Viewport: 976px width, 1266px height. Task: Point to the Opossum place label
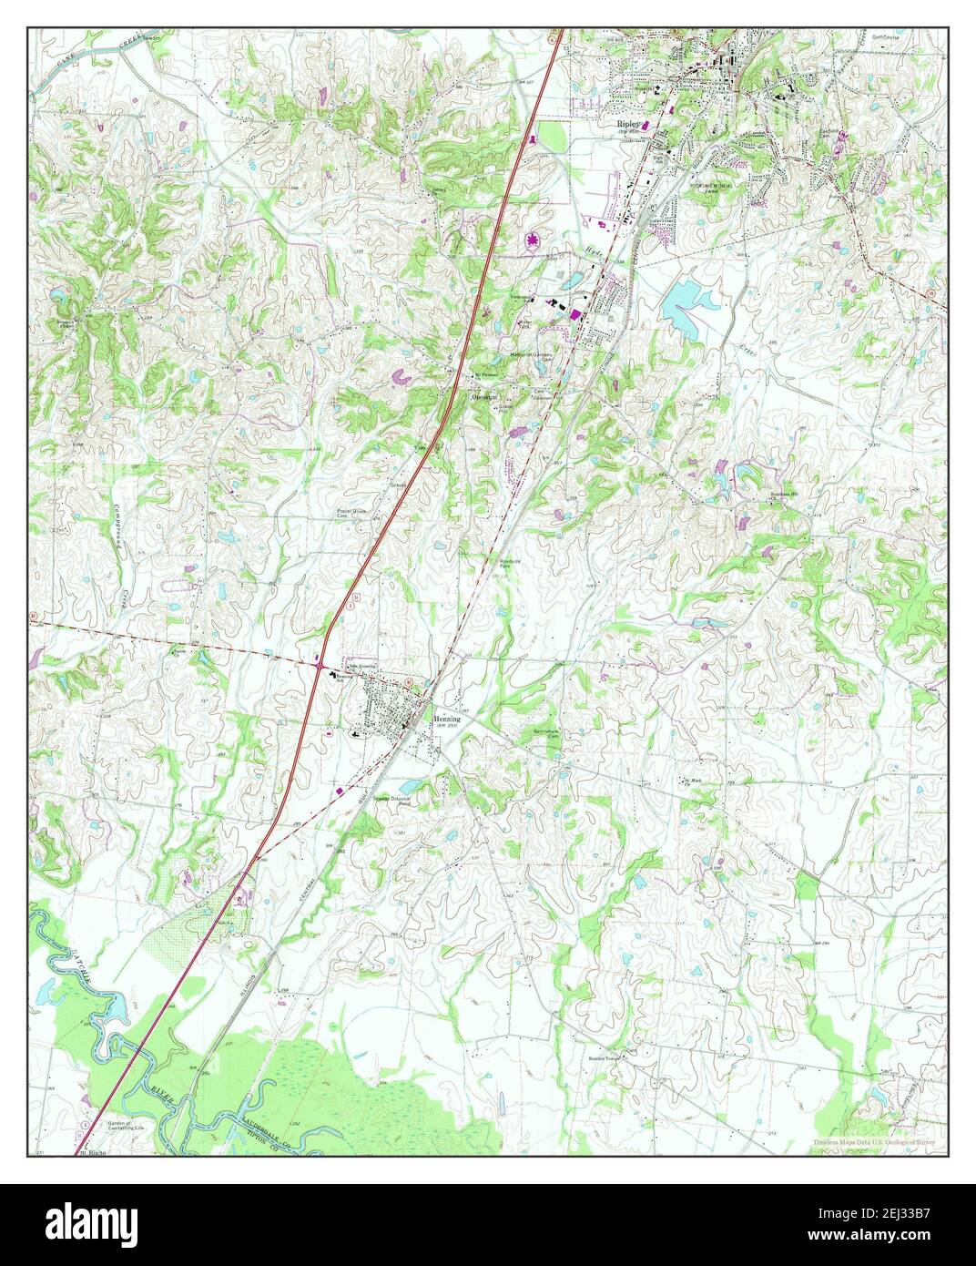(483, 398)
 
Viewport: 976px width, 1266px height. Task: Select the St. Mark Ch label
(693, 781)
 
